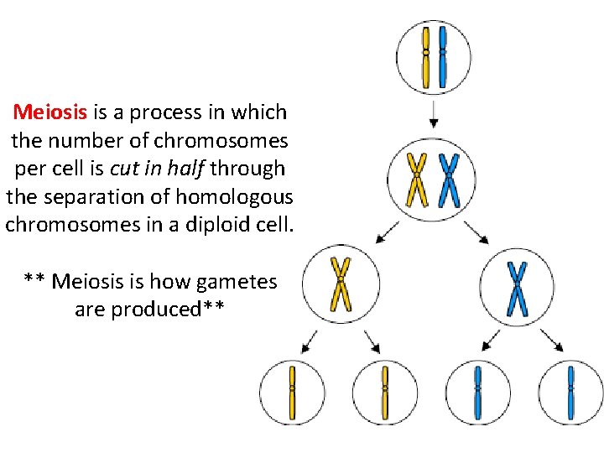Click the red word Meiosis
(x=51, y=112)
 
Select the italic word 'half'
(x=185, y=168)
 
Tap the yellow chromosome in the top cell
(x=426, y=56)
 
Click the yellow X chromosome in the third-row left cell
(x=341, y=283)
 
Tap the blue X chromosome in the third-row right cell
(x=518, y=289)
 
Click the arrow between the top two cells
(x=433, y=115)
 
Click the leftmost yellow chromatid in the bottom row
(x=292, y=391)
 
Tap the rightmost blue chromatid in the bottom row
(x=571, y=391)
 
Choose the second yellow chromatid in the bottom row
(x=384, y=391)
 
